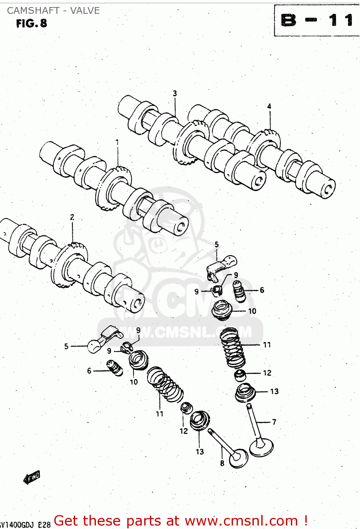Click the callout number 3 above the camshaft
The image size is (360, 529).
coord(175,93)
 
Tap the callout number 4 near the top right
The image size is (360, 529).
coord(269,106)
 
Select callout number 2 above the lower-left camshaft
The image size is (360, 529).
coord(72,217)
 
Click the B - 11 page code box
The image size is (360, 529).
coord(317,20)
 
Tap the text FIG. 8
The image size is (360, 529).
coord(31,24)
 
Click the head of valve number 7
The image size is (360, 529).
coord(261,448)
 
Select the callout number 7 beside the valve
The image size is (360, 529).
coord(274,422)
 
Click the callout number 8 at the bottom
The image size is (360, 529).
coord(222,463)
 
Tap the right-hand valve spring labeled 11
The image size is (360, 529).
coord(232,347)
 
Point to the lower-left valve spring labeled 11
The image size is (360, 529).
coord(165,384)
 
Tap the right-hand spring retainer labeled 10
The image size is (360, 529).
coord(222,310)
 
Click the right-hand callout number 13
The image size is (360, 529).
coord(274,391)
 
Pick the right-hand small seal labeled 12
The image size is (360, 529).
coord(240,375)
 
